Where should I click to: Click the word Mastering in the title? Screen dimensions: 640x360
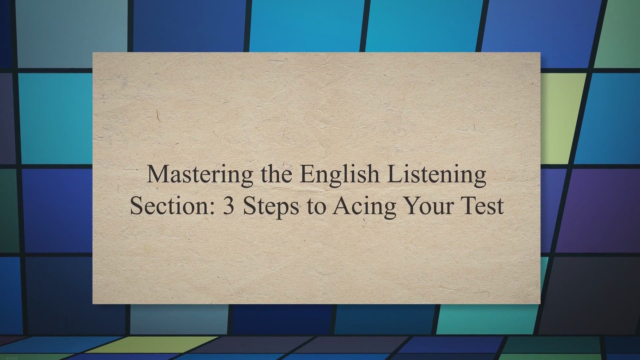click(x=200, y=175)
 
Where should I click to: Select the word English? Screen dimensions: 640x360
click(x=340, y=175)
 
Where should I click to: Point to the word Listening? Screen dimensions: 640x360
click(x=437, y=175)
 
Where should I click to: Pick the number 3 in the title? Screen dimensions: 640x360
click(x=229, y=206)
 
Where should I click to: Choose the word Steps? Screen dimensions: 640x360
click(x=271, y=207)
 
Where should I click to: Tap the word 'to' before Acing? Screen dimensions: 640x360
click(x=316, y=207)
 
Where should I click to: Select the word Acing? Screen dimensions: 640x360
click(x=365, y=207)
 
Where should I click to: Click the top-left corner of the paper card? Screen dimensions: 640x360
click(x=93, y=52)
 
